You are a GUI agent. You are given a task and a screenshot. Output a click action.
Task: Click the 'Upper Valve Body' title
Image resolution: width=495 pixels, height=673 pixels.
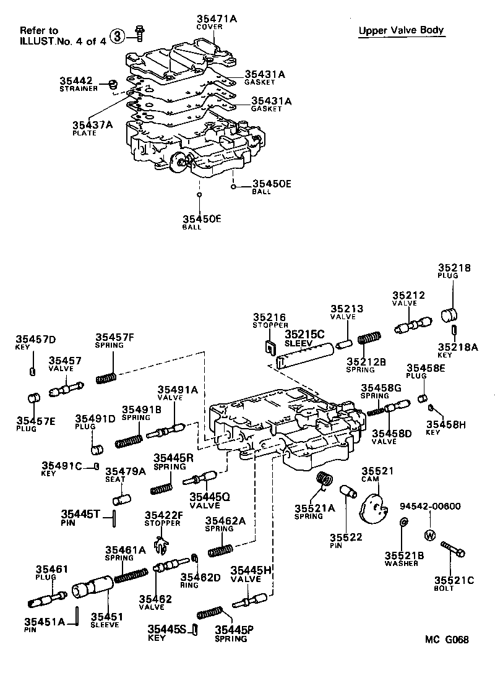coord(401,30)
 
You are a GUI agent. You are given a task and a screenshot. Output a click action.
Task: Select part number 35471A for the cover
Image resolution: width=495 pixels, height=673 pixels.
coord(216,19)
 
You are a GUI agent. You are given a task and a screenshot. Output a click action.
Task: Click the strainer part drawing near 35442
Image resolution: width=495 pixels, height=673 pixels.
coord(113,84)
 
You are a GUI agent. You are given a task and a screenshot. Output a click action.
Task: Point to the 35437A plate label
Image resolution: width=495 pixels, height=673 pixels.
coord(93,124)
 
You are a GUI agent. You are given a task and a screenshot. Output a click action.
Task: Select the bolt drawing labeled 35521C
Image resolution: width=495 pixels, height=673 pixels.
coord(454,549)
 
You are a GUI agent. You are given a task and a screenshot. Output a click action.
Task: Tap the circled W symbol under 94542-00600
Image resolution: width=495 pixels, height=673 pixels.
coord(429,534)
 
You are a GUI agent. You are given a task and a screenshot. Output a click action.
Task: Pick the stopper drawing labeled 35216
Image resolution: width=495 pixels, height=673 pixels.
coord(270,347)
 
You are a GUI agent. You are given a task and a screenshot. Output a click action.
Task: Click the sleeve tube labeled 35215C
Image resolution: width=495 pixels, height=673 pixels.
coord(305,356)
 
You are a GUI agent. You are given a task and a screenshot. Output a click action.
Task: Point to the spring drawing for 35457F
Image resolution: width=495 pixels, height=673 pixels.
coord(108,376)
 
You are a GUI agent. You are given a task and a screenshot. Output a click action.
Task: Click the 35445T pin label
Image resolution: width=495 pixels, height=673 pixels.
coord(80,515)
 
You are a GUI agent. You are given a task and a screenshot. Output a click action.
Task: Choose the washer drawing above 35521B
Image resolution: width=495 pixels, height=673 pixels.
coord(403,524)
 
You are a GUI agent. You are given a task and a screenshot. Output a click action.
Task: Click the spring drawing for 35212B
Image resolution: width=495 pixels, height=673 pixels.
coord(369,340)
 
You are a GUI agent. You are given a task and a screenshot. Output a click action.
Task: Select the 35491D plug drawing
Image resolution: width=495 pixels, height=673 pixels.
coord(96,447)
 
